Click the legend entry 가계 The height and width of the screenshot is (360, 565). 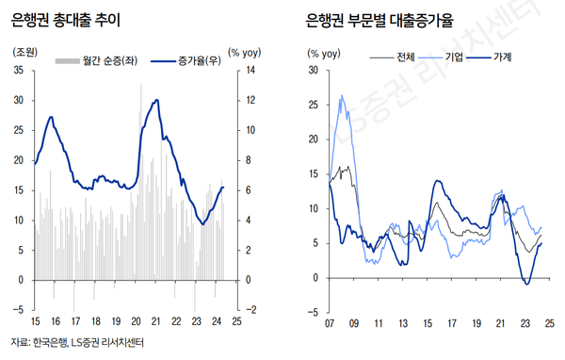click(x=502, y=57)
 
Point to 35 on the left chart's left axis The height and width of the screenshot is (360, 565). click(x=19, y=70)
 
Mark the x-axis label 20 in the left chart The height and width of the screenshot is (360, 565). click(x=136, y=322)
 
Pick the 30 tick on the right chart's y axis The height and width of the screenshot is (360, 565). click(x=313, y=70)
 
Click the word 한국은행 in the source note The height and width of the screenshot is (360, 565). click(x=50, y=346)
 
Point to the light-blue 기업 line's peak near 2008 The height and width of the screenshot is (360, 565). click(x=341, y=95)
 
